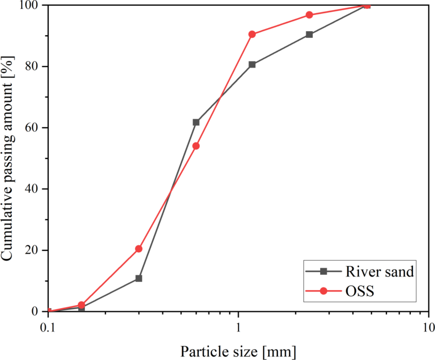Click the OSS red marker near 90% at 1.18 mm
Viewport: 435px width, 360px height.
[252, 34]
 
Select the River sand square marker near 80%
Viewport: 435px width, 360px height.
[252, 64]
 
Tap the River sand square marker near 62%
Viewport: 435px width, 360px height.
[196, 122]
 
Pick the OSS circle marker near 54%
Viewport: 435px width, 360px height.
[196, 146]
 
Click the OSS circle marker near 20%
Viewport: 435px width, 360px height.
[139, 249]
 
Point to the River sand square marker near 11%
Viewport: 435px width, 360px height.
[139, 278]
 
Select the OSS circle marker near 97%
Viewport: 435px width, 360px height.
[309, 15]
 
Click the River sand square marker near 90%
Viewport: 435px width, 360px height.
[309, 34]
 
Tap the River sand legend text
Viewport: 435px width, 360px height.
[379, 272]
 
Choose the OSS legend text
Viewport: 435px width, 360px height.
[360, 291]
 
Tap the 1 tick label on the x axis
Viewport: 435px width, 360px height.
[238, 326]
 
